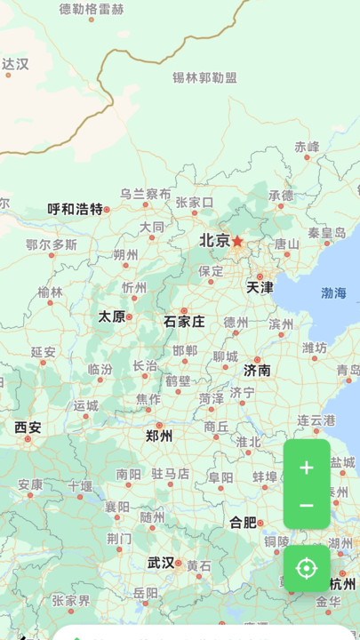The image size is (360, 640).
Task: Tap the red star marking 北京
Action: [x=237, y=241]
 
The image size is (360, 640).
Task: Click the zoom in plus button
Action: [x=307, y=468]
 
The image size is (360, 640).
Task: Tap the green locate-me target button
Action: [x=307, y=568]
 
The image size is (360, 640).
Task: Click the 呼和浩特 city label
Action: [x=75, y=209]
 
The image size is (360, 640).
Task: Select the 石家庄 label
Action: [x=184, y=321]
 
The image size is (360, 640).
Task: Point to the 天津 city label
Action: [x=260, y=287]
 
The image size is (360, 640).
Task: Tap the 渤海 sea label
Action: [x=334, y=292]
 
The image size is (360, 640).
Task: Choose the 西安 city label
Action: [x=28, y=428]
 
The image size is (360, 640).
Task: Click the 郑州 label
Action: [x=159, y=436]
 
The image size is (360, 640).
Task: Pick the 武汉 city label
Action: [x=161, y=563]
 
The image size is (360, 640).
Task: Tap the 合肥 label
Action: [x=243, y=522]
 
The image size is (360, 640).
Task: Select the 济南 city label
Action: [x=257, y=370]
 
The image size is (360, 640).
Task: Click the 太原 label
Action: [x=111, y=316]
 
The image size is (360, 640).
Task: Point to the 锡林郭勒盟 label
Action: [x=205, y=77]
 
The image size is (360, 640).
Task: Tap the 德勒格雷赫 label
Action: [x=92, y=9]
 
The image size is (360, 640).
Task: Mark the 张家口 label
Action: [x=195, y=202]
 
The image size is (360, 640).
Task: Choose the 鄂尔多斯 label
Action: [x=52, y=244]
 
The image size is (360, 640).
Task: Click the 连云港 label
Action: [x=316, y=420]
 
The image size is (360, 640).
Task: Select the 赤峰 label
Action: [x=307, y=146]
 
